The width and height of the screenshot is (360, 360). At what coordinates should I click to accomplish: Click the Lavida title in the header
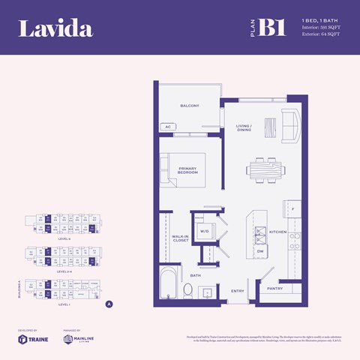[x=55, y=29]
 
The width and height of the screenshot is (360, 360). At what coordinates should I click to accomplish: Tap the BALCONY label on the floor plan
[x=189, y=106]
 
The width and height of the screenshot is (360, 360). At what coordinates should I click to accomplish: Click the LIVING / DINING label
[x=244, y=127]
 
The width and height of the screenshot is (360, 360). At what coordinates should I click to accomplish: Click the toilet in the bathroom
[x=189, y=290]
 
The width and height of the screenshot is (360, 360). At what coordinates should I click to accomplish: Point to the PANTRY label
[x=274, y=287]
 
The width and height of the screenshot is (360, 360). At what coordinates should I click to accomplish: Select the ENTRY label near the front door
[x=238, y=291]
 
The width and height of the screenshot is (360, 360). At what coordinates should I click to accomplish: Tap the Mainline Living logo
[x=78, y=339]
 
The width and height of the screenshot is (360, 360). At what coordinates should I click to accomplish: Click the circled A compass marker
[x=109, y=304]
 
